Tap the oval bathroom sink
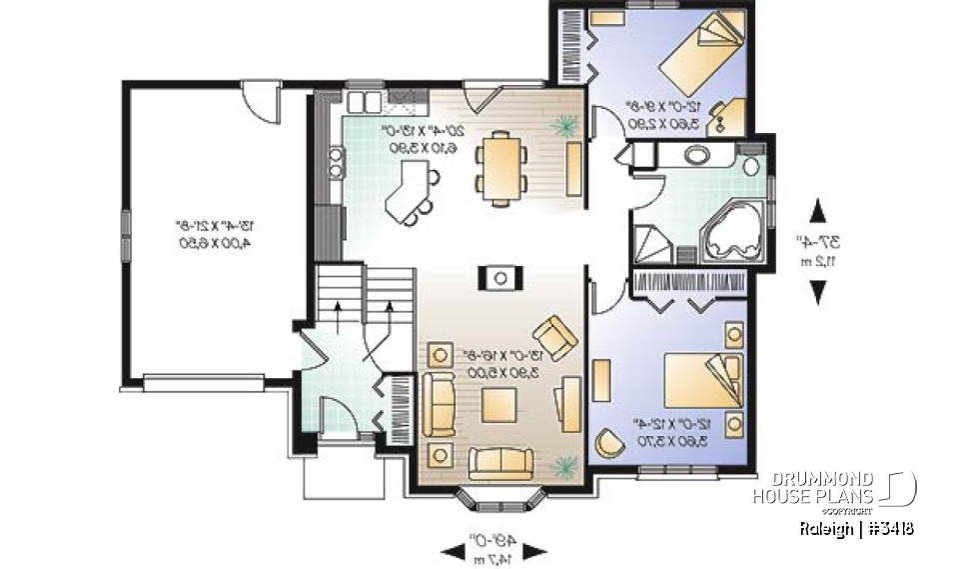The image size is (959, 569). coord(696,155)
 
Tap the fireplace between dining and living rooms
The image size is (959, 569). coord(500,276)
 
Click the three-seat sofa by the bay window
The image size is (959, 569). coord(499,461)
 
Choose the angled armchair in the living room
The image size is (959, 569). coord(554,335)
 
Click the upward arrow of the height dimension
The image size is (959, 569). coord(818,213)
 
